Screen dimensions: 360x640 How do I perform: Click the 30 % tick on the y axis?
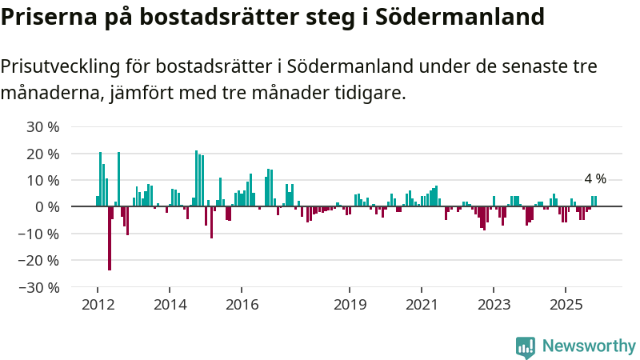pyautogui.click(x=44, y=127)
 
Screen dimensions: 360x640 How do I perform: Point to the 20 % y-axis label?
pyautogui.click(x=44, y=154)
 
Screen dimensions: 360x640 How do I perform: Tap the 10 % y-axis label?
pyautogui.click(x=44, y=180)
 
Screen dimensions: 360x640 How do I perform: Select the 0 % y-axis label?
pyautogui.click(x=48, y=206)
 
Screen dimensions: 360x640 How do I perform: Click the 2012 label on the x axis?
pyautogui.click(x=98, y=304)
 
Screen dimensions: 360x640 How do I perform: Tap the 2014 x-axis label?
pyautogui.click(x=170, y=304)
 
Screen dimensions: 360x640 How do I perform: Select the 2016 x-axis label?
pyautogui.click(x=242, y=304)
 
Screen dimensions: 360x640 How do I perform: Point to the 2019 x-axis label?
pyautogui.click(x=350, y=304)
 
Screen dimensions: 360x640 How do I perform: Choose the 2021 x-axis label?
pyautogui.click(x=422, y=304)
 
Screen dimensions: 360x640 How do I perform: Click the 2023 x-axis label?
pyautogui.click(x=494, y=304)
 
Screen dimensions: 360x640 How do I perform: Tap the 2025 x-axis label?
pyautogui.click(x=566, y=304)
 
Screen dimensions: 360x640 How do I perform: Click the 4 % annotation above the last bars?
pyautogui.click(x=595, y=179)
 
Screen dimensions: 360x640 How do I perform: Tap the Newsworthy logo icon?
pyautogui.click(x=526, y=346)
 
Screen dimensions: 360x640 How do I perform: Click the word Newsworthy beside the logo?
pyautogui.click(x=589, y=346)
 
